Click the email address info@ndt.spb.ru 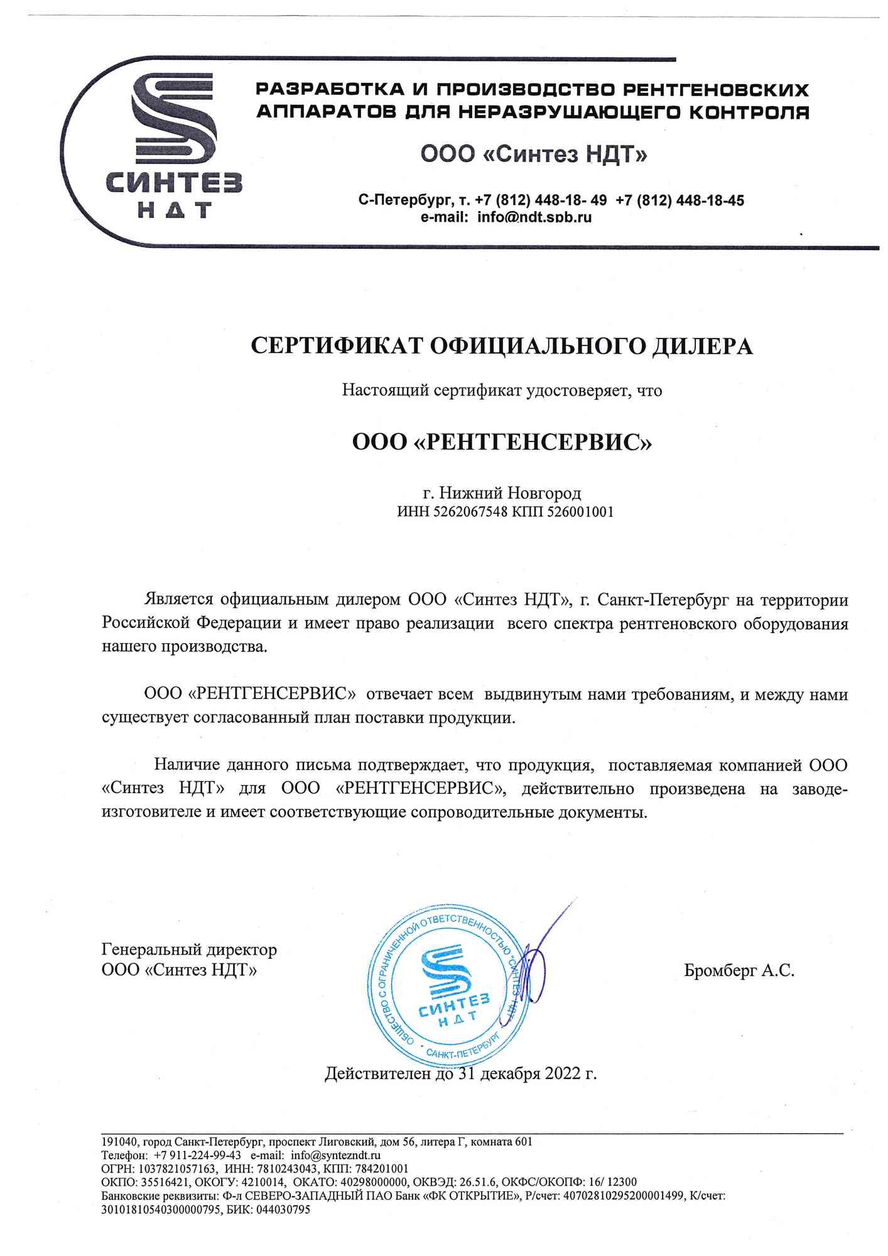534,217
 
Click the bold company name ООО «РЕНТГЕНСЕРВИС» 502,443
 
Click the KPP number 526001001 580,512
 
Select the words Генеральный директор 189,950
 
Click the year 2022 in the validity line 563,1074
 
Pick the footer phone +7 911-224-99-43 197,1155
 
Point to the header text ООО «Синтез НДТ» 534,154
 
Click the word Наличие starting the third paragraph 187,765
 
